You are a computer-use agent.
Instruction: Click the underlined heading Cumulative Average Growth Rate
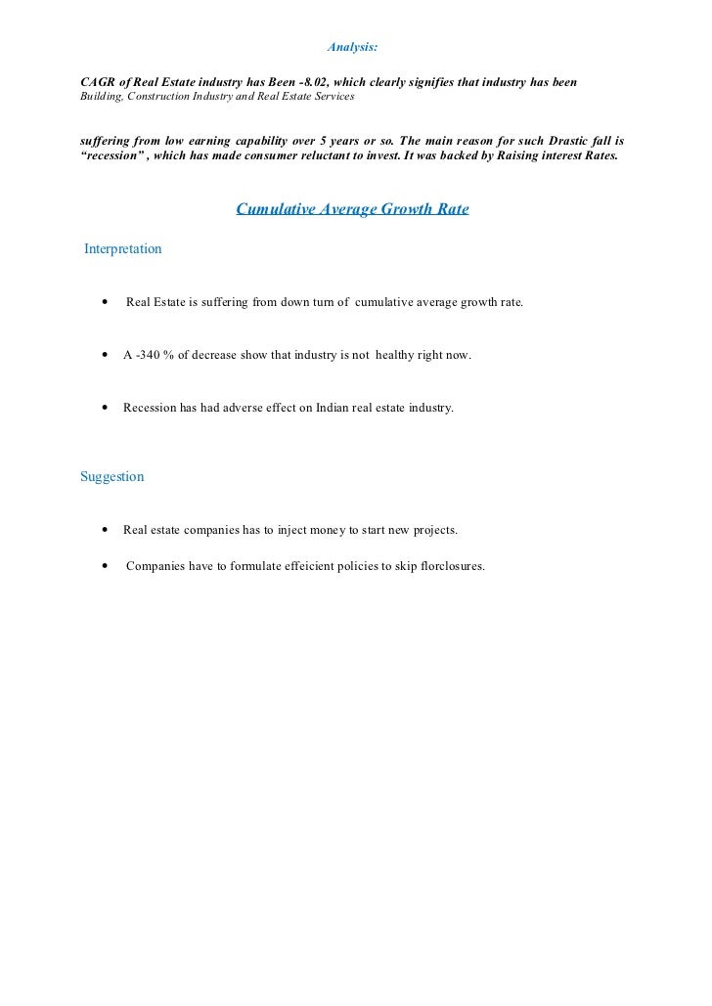pos(353,209)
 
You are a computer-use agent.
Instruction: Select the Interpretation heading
pos(123,249)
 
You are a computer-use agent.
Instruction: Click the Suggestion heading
pos(111,477)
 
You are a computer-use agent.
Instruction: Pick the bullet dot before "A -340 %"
pos(105,355)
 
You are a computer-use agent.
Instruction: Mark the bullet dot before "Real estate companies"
pos(105,530)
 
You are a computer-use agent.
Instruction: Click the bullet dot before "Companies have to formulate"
pos(105,565)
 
